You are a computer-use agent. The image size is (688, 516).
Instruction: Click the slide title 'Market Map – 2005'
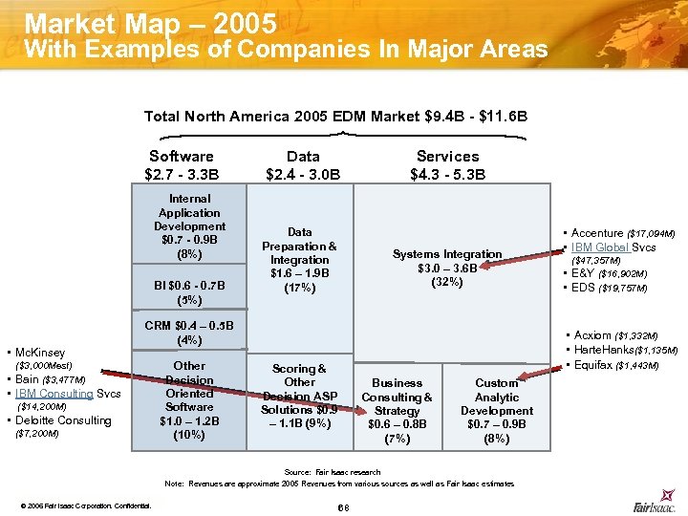coord(150,22)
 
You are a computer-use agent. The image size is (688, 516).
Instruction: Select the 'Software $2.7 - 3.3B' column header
coord(182,164)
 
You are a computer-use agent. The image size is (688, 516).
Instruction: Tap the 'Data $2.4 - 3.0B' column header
coord(303,164)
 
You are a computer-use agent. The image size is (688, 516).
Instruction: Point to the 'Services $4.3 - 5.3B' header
coord(447,164)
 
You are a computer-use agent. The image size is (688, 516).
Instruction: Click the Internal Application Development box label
coord(189,226)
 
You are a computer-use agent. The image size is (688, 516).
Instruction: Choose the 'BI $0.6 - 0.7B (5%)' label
coord(189,291)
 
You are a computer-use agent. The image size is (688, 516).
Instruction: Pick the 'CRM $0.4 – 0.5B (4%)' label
coord(189,333)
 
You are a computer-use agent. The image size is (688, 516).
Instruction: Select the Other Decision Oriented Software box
coord(189,399)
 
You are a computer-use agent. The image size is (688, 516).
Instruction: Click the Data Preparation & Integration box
coord(299,260)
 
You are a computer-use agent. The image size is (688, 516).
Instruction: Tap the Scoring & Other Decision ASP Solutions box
coord(299,396)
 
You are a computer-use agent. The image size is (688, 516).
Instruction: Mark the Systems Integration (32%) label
coord(446,269)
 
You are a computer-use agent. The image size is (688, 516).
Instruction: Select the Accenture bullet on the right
coord(622,233)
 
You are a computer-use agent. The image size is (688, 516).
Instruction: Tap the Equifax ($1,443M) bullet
coord(622,366)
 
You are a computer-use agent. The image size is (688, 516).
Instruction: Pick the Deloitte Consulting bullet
coord(63,420)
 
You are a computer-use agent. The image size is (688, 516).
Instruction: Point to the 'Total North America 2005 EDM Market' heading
coord(335,117)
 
